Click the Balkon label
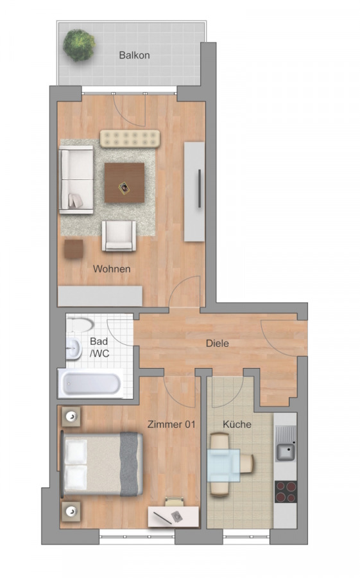pos(134,55)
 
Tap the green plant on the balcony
pos(79,46)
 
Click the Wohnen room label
pos(112,268)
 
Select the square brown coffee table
pos(124,183)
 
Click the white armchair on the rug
pos(119,236)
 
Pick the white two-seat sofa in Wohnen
pos(76,180)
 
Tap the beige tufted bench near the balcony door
pos(130,138)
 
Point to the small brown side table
pos(74,249)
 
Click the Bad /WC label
pos(99,347)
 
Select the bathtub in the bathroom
pos(90,383)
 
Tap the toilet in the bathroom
pos(81,325)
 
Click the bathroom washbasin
pos(74,349)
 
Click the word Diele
pos(218,344)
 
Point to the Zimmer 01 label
pos(171,425)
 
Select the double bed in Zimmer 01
pos(102,464)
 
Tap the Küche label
pos(237,425)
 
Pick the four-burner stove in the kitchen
pos(286,492)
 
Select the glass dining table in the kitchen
pos(223,465)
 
